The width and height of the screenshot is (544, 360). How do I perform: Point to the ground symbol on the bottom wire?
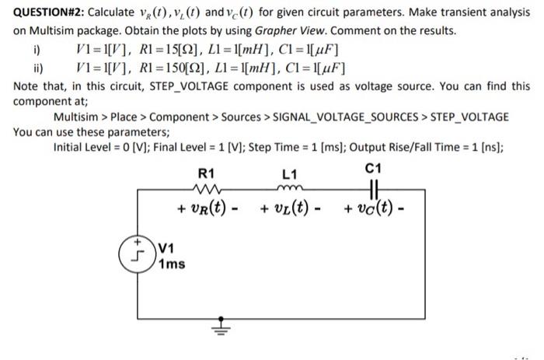click(221, 324)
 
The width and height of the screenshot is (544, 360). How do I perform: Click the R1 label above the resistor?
click(207, 172)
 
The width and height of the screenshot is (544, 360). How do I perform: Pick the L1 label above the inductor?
click(289, 172)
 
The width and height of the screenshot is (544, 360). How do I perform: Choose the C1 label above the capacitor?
click(373, 168)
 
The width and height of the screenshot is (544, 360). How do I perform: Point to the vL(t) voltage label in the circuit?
click(290, 208)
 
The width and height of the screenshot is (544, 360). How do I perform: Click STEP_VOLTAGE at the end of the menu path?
click(466, 116)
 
